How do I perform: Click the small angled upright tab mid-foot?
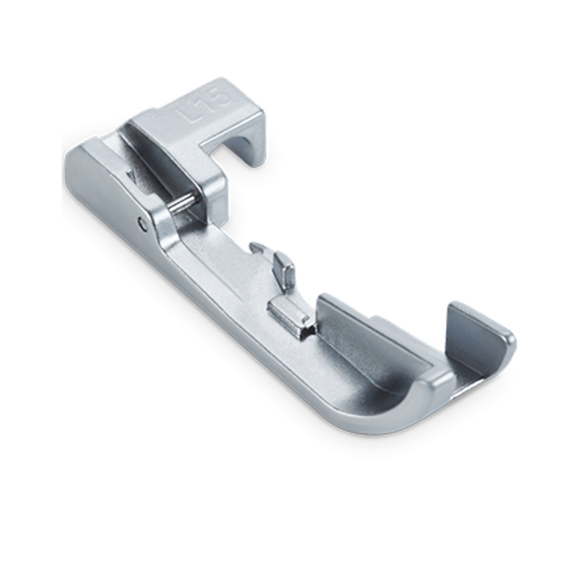(284, 270)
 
